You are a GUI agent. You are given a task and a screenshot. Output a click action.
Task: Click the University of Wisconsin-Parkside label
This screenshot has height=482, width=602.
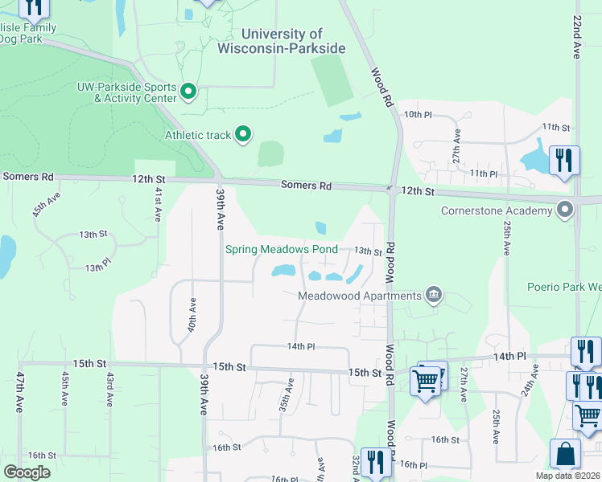pyautogui.click(x=282, y=41)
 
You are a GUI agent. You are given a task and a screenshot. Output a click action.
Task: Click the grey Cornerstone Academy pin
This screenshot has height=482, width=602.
pyautogui.click(x=565, y=211)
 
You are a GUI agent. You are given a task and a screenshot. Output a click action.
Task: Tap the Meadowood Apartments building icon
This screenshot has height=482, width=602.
pyautogui.click(x=434, y=295)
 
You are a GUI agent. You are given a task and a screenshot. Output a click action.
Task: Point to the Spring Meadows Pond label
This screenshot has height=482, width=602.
pyautogui.click(x=281, y=249)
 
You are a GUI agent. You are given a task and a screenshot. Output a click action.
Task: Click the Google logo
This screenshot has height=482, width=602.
pyautogui.click(x=27, y=472)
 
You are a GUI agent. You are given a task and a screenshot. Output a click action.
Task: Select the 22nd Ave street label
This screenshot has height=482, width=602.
pyautogui.click(x=577, y=47)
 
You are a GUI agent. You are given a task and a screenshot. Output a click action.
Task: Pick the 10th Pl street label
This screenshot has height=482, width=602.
pyautogui.click(x=419, y=115)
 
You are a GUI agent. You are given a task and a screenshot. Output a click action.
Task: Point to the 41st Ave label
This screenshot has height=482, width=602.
pyautogui.click(x=158, y=205)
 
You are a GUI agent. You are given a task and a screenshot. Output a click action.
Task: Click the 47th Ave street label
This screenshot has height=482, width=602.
pyautogui.click(x=19, y=392)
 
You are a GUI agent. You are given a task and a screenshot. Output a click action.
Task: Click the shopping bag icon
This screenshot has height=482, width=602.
pyautogui.click(x=565, y=454)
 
